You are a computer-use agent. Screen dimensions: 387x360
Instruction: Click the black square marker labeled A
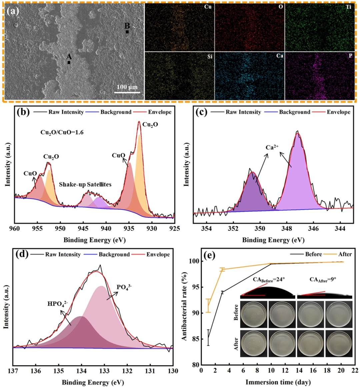click(69, 62)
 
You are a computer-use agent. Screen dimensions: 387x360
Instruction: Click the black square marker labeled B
click(127, 32)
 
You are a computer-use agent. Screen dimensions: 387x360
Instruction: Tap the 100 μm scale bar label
click(127, 87)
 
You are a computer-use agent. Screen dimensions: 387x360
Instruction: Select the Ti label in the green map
click(348, 7)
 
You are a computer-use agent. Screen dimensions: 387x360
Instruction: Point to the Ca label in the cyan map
click(280, 56)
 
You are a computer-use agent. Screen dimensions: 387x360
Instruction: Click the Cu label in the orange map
click(207, 7)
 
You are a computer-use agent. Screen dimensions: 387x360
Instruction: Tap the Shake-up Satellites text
click(85, 184)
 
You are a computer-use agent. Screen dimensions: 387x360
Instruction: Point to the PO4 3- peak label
click(125, 287)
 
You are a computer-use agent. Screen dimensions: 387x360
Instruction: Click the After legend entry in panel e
click(345, 254)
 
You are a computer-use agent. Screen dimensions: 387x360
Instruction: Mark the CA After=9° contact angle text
click(323, 279)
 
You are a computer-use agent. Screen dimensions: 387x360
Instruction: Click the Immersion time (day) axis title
click(277, 381)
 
